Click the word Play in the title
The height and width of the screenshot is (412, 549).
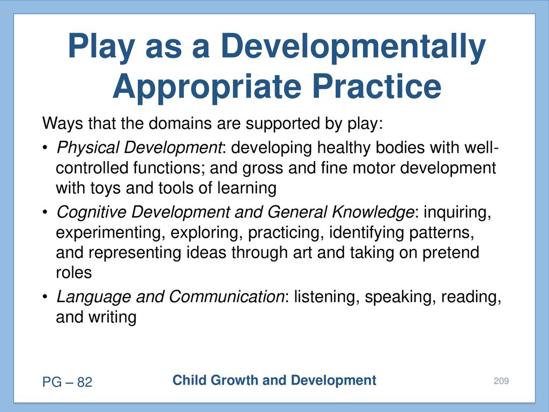[101, 47]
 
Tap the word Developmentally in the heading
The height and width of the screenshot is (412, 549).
[353, 47]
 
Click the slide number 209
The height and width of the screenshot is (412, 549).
[501, 381]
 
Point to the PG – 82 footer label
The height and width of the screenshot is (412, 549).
[67, 382]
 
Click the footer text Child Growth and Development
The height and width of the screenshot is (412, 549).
[274, 380]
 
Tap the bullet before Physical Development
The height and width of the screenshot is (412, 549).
[45, 148]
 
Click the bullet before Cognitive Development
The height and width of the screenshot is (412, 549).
[45, 212]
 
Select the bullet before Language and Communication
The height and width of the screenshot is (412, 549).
[45, 297]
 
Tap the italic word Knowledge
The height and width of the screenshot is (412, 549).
[373, 212]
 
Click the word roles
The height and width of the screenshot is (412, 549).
[73, 273]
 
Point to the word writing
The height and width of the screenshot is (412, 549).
[113, 318]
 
